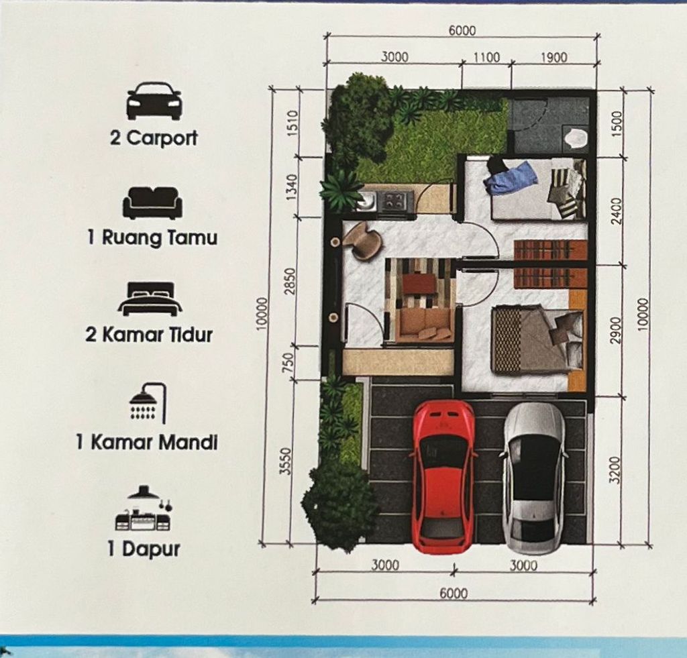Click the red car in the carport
(443, 476)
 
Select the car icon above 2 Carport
(154, 101)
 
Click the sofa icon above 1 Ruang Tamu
(152, 203)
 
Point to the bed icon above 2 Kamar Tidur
(150, 298)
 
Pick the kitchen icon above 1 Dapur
(144, 508)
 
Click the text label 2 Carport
(154, 138)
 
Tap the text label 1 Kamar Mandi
(147, 442)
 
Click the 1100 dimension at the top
(487, 58)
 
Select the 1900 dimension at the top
(553, 58)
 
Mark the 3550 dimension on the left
(286, 461)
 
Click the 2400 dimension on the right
(617, 211)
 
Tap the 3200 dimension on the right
(616, 470)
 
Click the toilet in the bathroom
(576, 140)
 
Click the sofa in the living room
(424, 325)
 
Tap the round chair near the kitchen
(362, 241)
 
